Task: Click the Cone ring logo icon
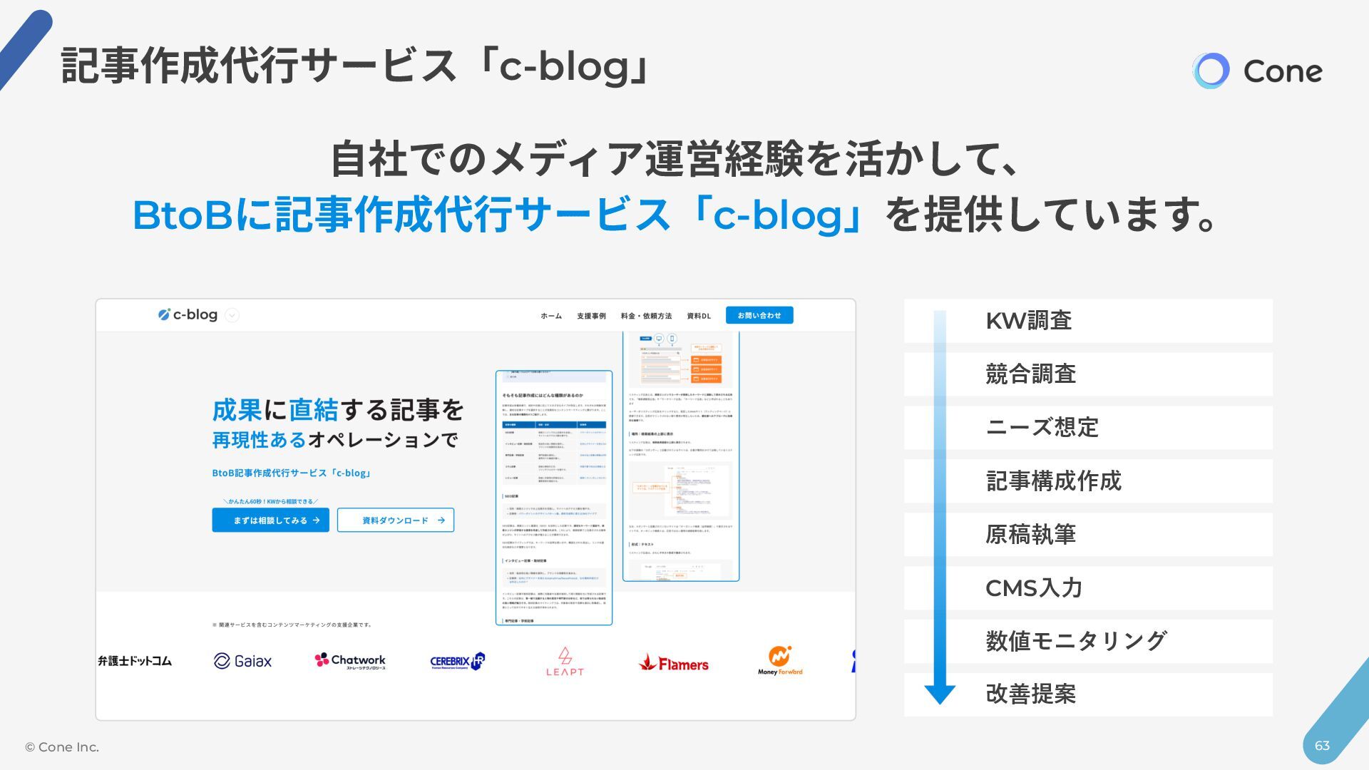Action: (x=1211, y=71)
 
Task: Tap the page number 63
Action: (x=1322, y=746)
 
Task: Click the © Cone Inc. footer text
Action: (x=62, y=747)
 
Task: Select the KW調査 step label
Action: (x=1028, y=321)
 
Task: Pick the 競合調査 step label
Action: (x=1030, y=374)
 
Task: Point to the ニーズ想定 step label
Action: (x=1042, y=428)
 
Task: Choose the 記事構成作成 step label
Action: (x=1053, y=481)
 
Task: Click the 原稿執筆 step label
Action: (x=1030, y=535)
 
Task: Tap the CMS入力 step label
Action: (x=1034, y=588)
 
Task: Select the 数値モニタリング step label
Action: (x=1076, y=641)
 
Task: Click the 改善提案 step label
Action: (x=1030, y=694)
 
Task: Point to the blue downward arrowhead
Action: (x=940, y=694)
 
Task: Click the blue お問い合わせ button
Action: (x=759, y=315)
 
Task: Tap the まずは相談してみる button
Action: (x=270, y=520)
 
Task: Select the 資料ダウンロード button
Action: (x=396, y=520)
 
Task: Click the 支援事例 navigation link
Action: (x=591, y=316)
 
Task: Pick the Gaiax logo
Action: (x=242, y=661)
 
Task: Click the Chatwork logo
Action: (x=350, y=661)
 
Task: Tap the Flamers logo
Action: (x=674, y=664)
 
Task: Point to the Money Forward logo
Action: (x=780, y=661)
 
